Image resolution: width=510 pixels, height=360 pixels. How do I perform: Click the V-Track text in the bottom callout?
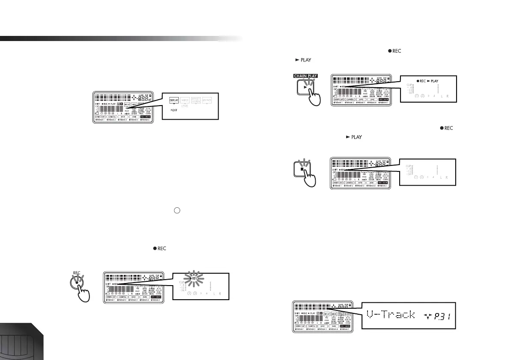pos(391,315)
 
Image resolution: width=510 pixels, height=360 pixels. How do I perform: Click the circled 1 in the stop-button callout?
pos(416,177)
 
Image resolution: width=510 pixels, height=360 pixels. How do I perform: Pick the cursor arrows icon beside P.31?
pos(425,316)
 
